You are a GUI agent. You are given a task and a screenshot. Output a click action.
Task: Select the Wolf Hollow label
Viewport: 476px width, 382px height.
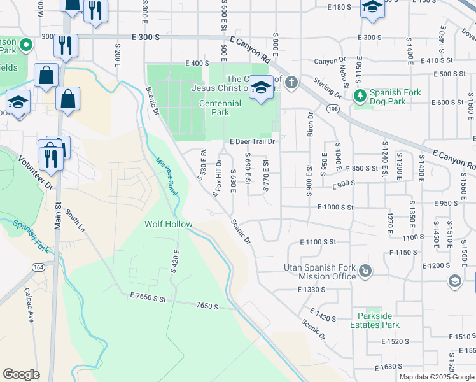click(x=168, y=224)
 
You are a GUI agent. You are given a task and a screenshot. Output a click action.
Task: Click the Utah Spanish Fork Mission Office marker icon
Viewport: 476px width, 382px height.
click(x=365, y=272)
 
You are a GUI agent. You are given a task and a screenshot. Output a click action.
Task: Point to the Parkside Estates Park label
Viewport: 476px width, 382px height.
click(x=375, y=320)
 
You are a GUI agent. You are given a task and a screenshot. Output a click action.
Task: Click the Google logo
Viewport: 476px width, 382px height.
click(x=21, y=374)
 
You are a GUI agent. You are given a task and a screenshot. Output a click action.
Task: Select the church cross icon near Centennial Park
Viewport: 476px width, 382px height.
click(x=291, y=81)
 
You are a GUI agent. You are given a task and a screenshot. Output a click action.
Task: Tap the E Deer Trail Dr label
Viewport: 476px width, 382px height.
click(x=252, y=142)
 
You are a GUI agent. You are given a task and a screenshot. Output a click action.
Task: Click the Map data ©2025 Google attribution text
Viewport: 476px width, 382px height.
click(x=436, y=377)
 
